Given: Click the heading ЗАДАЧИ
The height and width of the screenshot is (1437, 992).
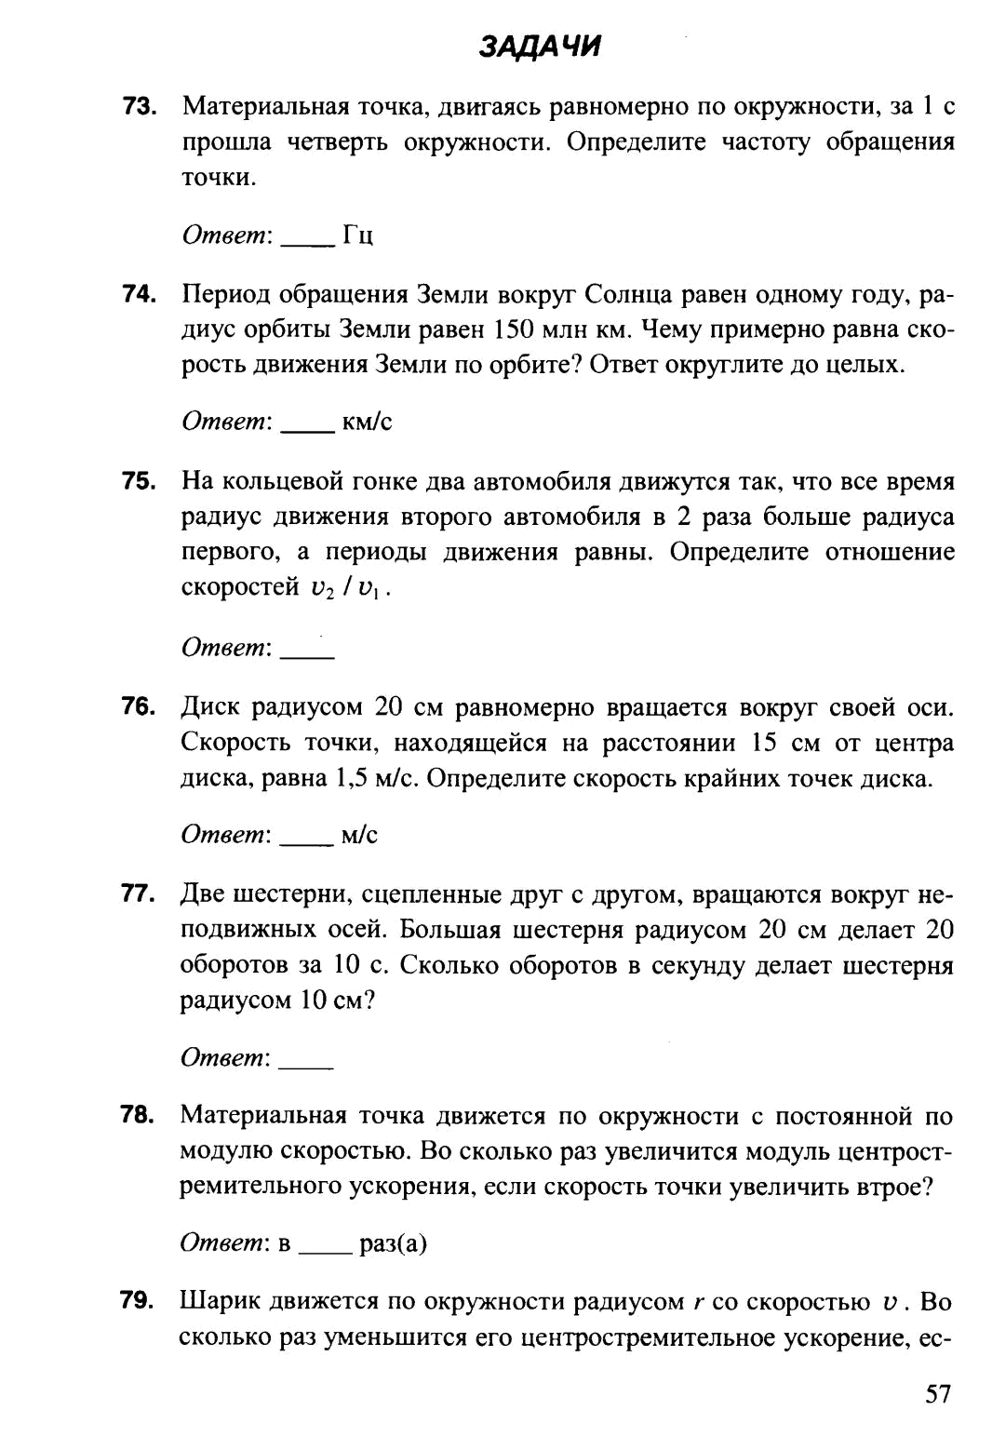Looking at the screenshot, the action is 540,47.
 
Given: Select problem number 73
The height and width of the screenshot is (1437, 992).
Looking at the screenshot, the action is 139,106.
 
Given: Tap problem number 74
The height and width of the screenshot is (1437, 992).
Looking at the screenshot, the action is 139,294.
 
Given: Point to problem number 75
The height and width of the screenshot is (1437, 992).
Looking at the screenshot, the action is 139,480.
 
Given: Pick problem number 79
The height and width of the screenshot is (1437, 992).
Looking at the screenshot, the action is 137,1302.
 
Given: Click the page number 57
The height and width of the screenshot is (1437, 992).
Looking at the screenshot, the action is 937,1393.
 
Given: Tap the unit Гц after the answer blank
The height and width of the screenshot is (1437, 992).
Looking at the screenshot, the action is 358,235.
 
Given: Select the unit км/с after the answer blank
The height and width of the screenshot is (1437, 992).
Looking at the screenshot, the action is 367,422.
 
